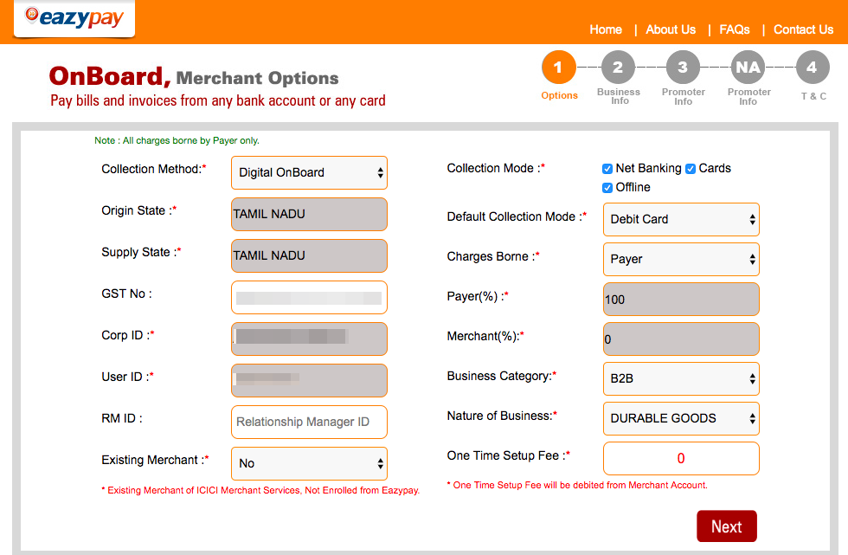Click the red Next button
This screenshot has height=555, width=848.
tap(726, 526)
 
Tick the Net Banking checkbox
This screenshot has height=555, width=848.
tap(607, 169)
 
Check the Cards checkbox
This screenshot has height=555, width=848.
tap(691, 169)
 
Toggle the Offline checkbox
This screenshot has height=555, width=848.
tap(607, 188)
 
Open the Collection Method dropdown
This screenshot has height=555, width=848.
tap(309, 172)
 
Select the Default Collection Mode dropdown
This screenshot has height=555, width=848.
tap(681, 220)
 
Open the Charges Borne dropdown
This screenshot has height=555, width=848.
tap(681, 259)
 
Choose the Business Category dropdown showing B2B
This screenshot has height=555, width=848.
tap(681, 378)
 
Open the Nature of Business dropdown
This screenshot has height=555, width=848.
tap(681, 418)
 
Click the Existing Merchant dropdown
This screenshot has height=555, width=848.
tap(309, 463)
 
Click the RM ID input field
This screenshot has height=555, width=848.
tap(309, 422)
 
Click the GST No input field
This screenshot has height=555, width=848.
tap(309, 297)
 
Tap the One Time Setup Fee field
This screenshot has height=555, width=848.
tap(681, 458)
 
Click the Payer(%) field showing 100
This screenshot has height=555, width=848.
tap(681, 300)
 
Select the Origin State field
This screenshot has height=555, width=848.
tap(309, 214)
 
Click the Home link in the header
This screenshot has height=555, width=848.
tap(606, 29)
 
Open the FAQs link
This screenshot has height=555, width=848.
tap(735, 29)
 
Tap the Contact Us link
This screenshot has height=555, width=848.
tap(803, 29)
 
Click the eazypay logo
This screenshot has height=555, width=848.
tap(74, 18)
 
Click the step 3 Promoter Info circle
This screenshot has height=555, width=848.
tap(683, 68)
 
